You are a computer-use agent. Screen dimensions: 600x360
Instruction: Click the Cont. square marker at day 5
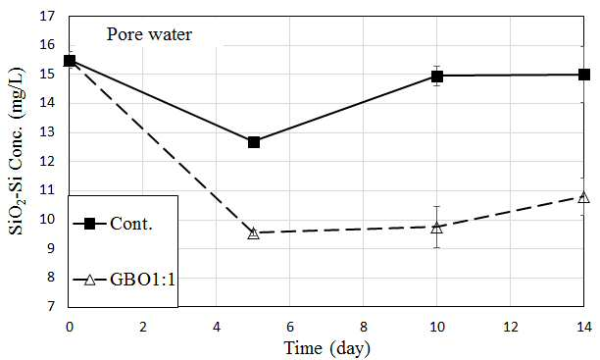tap(254, 142)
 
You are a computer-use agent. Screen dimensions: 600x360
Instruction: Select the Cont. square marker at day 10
tap(437, 77)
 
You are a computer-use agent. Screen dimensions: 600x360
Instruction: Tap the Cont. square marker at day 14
tap(584, 75)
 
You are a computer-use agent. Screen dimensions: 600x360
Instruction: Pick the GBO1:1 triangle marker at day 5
tap(254, 232)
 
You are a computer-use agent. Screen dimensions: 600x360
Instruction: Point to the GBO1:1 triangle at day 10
tap(436, 228)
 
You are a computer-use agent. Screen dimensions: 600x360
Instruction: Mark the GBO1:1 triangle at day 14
tap(583, 197)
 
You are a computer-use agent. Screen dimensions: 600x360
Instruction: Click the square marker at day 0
tap(70, 61)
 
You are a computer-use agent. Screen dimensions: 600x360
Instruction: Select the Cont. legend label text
tap(131, 224)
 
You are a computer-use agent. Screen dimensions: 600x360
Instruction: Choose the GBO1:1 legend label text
tap(142, 280)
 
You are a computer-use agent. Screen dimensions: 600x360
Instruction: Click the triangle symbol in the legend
tap(89, 280)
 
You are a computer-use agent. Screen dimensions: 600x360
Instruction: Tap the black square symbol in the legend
tap(89, 224)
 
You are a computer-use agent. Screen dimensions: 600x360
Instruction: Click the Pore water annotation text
tap(149, 34)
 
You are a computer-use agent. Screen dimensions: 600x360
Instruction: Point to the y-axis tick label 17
tap(49, 17)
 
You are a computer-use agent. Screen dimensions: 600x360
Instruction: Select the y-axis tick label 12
tap(49, 161)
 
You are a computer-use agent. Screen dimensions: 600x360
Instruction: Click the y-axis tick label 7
tap(51, 306)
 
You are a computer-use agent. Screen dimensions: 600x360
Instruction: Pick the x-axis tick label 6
tap(289, 327)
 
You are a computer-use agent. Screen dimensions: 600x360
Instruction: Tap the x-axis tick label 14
tap(584, 327)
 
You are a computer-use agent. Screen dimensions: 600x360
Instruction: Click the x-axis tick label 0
tap(70, 327)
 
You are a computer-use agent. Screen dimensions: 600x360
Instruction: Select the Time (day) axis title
tap(327, 348)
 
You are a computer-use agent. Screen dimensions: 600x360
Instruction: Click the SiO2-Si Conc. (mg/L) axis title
tap(16, 151)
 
